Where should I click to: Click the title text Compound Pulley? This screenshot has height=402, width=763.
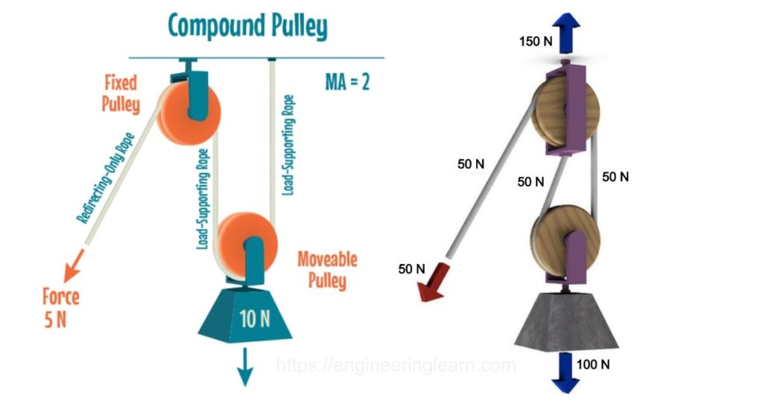(247, 26)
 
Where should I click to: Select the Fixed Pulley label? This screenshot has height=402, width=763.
(121, 92)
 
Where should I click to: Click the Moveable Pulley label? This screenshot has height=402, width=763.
(327, 269)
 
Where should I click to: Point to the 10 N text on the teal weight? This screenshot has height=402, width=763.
(255, 319)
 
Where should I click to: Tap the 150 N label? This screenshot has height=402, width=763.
(535, 40)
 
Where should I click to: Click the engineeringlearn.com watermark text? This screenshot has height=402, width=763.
(396, 365)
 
